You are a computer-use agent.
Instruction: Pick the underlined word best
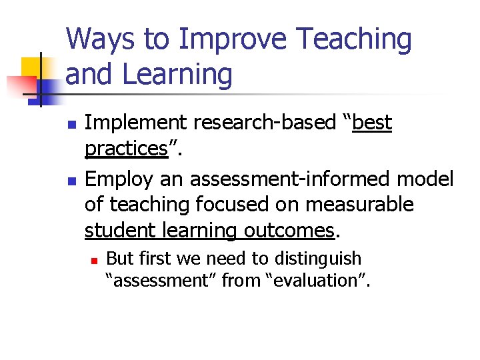click(372, 123)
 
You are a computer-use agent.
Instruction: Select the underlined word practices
click(125, 149)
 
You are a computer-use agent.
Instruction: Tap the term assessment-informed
click(292, 179)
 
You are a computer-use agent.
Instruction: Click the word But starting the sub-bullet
click(120, 258)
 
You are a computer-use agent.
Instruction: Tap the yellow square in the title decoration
click(31, 67)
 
